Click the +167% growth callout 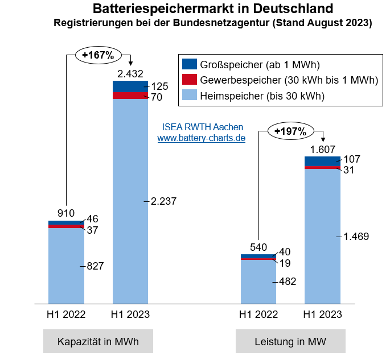coord(98,55)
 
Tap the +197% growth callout coord(290,131)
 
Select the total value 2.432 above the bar coord(130,74)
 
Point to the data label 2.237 coord(164,201)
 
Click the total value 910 coord(66,213)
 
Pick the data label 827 coord(95,266)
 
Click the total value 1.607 coord(322,149)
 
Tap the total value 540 coord(258,247)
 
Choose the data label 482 coord(287,282)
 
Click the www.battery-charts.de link coord(201,138)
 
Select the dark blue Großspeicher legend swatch coord(190,64)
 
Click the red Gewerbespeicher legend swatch coord(190,80)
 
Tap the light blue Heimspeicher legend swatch coord(190,96)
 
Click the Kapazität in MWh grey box coord(98,342)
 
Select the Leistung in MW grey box coord(290,342)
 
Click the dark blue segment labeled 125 coord(130,86)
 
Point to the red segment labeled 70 coord(130,96)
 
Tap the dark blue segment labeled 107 coord(322,161)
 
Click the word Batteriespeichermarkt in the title coord(153,9)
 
